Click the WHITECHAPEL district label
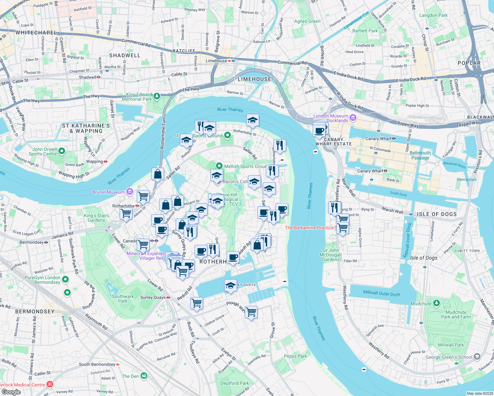pyautogui.click(x=36, y=33)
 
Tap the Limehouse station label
pyautogui.click(x=216, y=61)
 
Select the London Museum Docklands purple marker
pyautogui.click(x=353, y=118)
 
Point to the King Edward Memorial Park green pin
pyautogui.click(x=157, y=96)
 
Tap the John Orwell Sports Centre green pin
pyautogui.click(x=62, y=151)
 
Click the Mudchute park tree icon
pyautogui.click(x=437, y=303)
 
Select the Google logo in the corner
pyautogui.click(x=11, y=392)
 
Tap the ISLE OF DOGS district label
pyautogui.click(x=437, y=214)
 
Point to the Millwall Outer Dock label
pyautogui.click(x=381, y=293)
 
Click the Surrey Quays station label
pyautogui.click(x=153, y=297)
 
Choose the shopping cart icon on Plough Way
pyautogui.click(x=251, y=312)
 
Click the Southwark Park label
pyautogui.click(x=123, y=299)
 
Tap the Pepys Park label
pyautogui.click(x=295, y=356)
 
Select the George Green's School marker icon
pyautogui.click(x=477, y=356)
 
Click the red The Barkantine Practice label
pyautogui.click(x=309, y=228)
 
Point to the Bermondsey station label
pyautogui.click(x=32, y=242)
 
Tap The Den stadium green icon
pyautogui.click(x=144, y=376)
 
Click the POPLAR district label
pyautogui.click(x=469, y=63)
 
